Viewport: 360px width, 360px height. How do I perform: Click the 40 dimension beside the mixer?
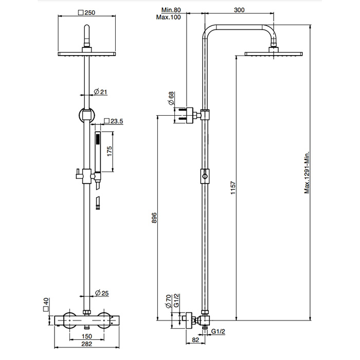[x=46, y=302]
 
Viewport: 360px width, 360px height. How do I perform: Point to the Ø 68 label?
[x=172, y=98]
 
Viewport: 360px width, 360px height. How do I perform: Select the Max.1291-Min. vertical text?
[x=307, y=172]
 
